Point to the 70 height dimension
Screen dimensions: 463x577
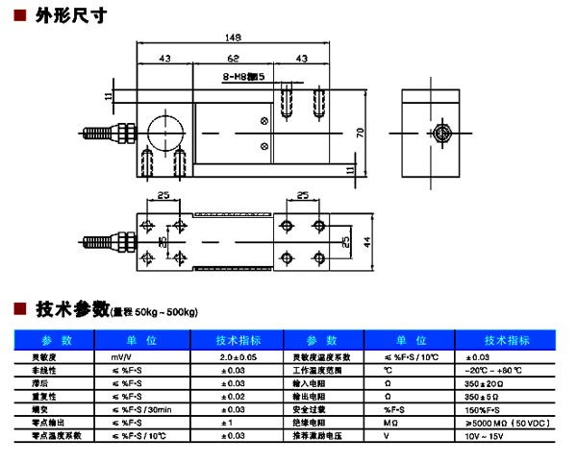[x=360, y=132]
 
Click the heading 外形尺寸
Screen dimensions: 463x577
[x=64, y=15]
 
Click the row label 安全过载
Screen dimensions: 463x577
[x=309, y=409]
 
